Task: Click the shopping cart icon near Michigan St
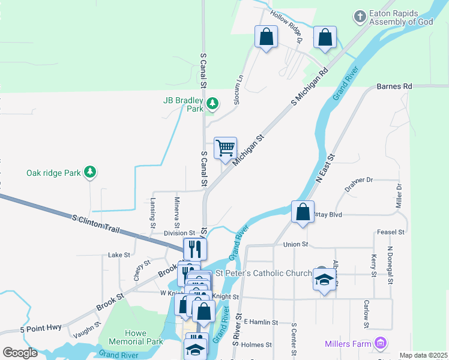click(x=225, y=148)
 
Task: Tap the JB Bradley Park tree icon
click(x=212, y=105)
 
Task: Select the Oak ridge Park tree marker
click(x=89, y=173)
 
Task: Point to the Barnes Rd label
click(x=394, y=86)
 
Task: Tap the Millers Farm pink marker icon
click(x=380, y=343)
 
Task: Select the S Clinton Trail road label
click(x=97, y=224)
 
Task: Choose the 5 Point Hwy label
click(x=41, y=329)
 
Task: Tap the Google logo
click(x=20, y=353)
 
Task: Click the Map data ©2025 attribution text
click(x=423, y=355)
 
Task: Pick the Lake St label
click(x=119, y=255)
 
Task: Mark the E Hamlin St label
click(x=261, y=322)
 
